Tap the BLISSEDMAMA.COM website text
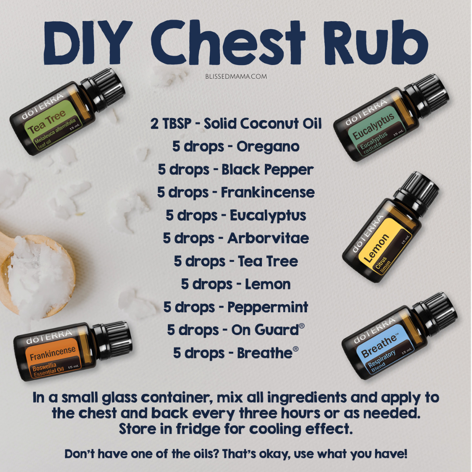[236, 76]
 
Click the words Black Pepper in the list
[267, 170]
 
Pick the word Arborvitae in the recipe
[268, 239]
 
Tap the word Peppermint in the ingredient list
[267, 307]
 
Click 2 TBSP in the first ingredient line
[171, 123]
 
